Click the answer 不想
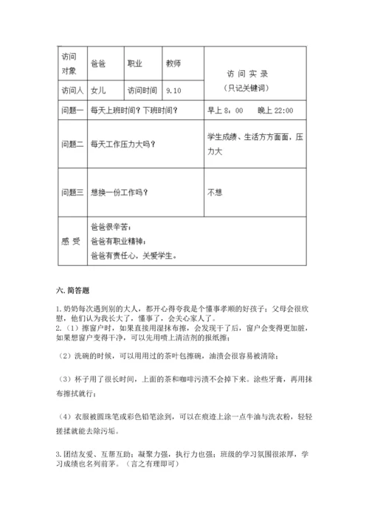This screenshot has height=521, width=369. coord(214,192)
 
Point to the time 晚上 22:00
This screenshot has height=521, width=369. coord(276,111)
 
